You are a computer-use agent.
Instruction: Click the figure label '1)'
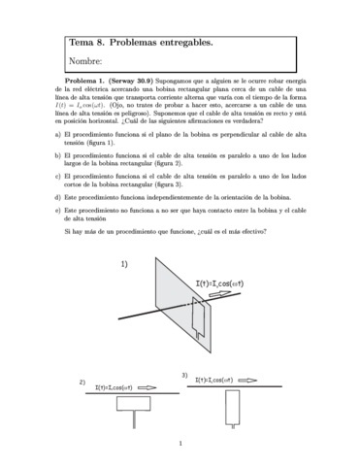[x=125, y=263]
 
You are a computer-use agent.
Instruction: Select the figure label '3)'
[x=184, y=374]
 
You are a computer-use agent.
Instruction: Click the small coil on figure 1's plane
[x=200, y=317]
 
